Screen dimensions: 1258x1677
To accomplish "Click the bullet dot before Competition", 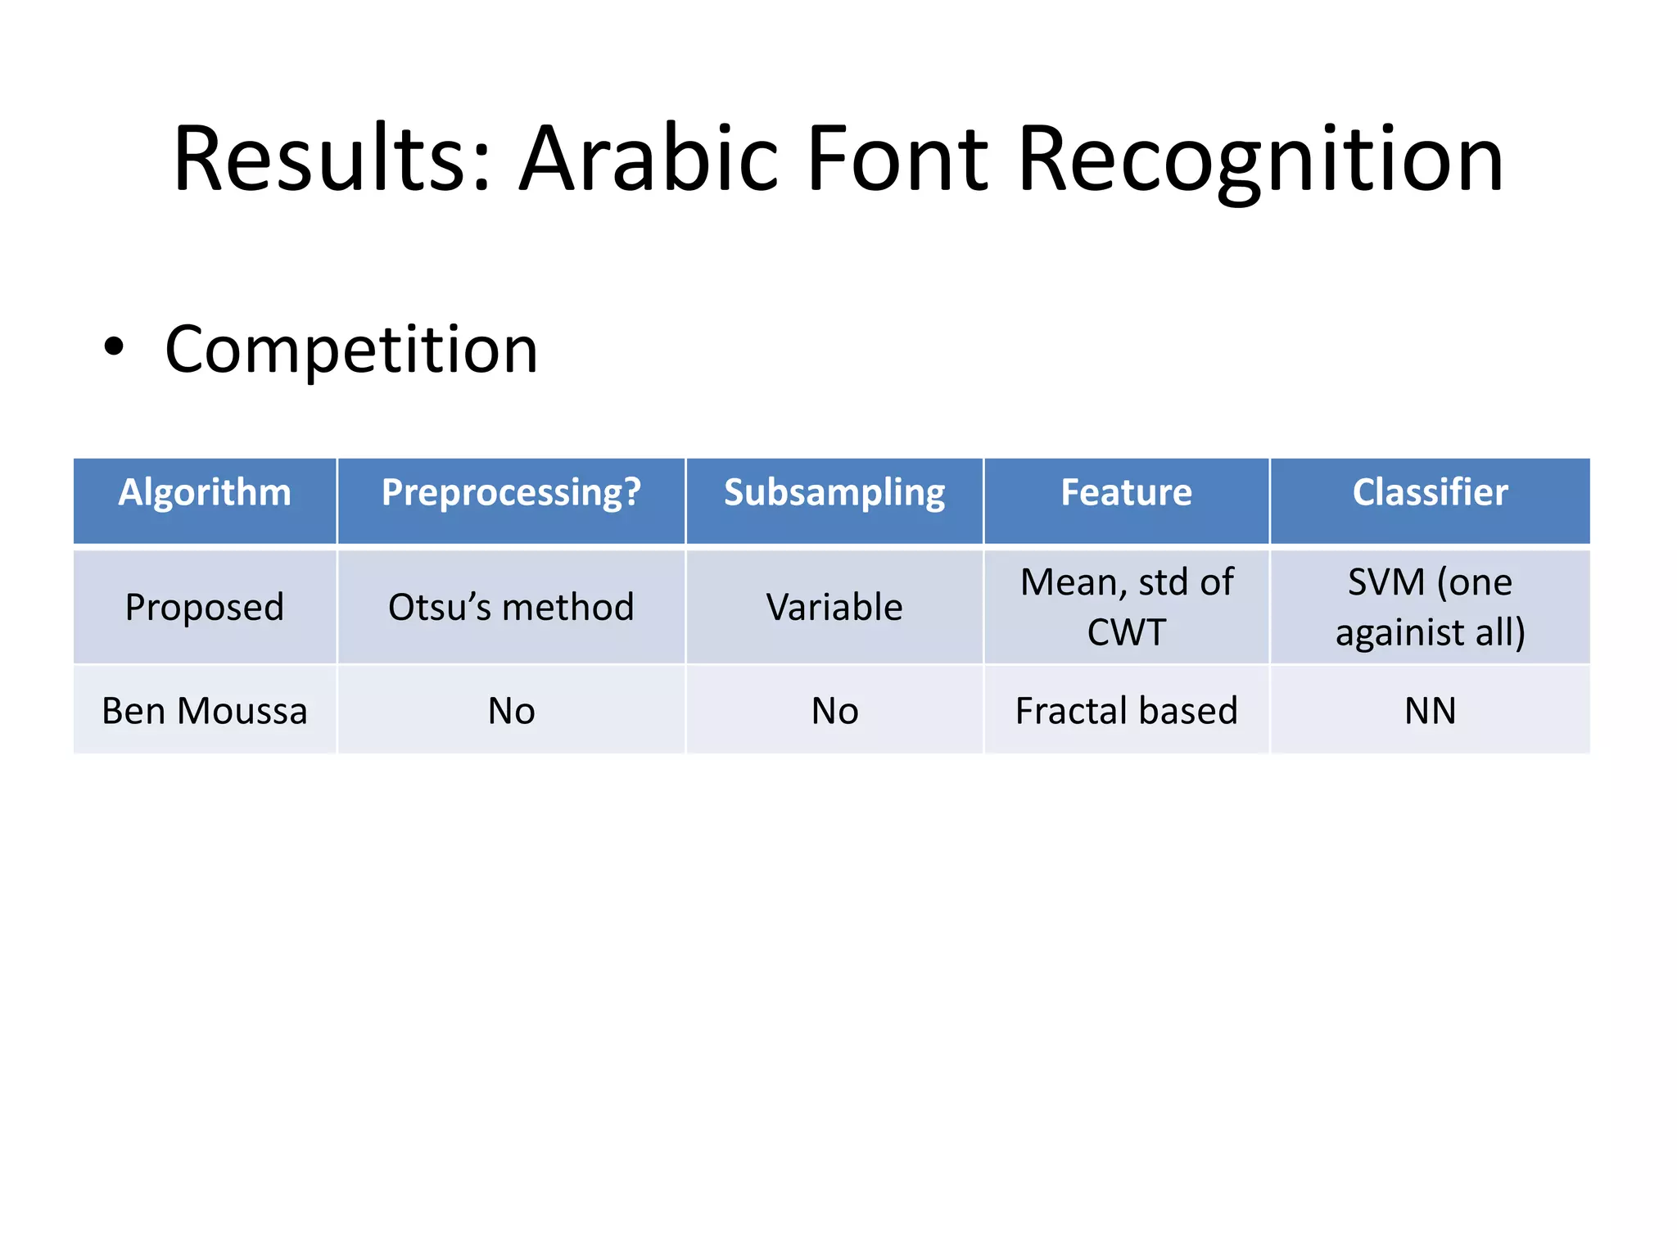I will pos(114,346).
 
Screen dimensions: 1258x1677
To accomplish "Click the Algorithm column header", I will pos(205,492).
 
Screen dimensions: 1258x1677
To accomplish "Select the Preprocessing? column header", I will pos(511,492).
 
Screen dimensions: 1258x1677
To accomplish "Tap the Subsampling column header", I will pos(834,492).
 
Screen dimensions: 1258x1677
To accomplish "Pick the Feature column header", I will pos(1126,492).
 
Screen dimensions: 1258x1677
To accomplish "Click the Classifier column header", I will pos(1430,492).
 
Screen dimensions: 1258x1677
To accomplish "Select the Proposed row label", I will pos(205,607).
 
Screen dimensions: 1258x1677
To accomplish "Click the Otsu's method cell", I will pos(511,607).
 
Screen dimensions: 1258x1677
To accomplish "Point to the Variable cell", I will pos(834,607).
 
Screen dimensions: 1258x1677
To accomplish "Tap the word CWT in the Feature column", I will pos(1126,632).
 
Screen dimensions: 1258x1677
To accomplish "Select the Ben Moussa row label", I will pos(205,710).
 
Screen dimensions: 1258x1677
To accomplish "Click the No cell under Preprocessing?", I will pos(511,710).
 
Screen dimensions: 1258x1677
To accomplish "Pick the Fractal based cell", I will pos(1126,710).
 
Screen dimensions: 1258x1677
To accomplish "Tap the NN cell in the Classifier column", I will pos(1430,710).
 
